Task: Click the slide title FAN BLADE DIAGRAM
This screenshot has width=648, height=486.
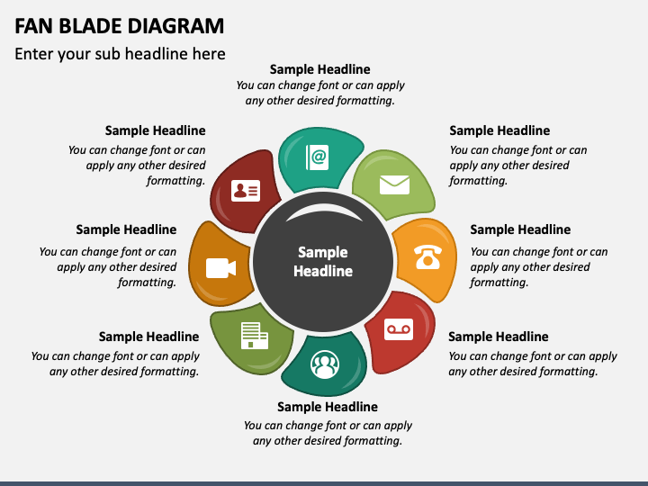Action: (120, 25)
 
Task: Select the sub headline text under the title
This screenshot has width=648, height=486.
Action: (120, 54)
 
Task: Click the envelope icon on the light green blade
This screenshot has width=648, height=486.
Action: (394, 184)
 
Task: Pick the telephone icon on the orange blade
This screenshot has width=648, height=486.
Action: (427, 256)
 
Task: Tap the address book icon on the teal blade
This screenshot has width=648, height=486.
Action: (318, 157)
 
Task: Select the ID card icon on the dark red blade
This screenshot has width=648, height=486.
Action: (245, 190)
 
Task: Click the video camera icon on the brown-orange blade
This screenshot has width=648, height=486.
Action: (220, 267)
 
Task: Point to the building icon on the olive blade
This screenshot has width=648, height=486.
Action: (253, 336)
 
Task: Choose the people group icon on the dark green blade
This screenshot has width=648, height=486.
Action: (324, 365)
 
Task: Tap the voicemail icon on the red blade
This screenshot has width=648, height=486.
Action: (399, 329)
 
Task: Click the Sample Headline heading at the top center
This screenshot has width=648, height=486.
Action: (319, 69)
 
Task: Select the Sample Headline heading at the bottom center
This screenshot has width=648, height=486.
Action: (327, 407)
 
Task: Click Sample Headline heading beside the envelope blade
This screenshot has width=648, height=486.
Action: (499, 130)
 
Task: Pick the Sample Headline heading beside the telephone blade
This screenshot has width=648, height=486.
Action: (520, 229)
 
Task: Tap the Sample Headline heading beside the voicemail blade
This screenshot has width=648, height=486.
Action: (498, 337)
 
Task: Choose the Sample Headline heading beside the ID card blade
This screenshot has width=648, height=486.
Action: (155, 130)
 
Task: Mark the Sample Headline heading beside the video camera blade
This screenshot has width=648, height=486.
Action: (126, 229)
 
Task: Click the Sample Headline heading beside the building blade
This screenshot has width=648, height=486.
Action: (148, 337)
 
